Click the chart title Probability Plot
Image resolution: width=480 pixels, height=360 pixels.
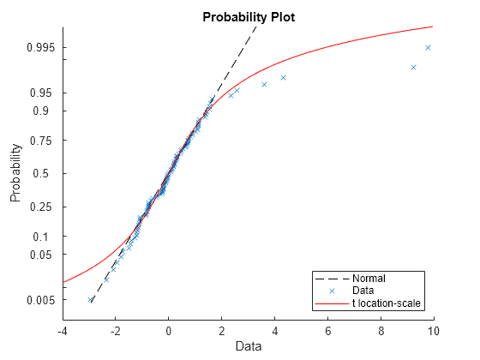point(248,17)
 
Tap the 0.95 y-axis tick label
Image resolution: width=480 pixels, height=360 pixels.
point(42,93)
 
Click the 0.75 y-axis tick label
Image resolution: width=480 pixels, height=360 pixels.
point(42,141)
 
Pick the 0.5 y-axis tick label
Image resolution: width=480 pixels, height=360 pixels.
point(45,173)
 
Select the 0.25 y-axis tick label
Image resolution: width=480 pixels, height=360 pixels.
point(42,207)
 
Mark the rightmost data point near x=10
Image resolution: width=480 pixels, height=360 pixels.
point(428,47)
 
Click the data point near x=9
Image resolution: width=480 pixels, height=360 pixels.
point(413,67)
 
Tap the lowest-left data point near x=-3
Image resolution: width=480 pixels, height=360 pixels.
point(91,300)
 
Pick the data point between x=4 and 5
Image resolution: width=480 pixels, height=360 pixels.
point(283,78)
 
